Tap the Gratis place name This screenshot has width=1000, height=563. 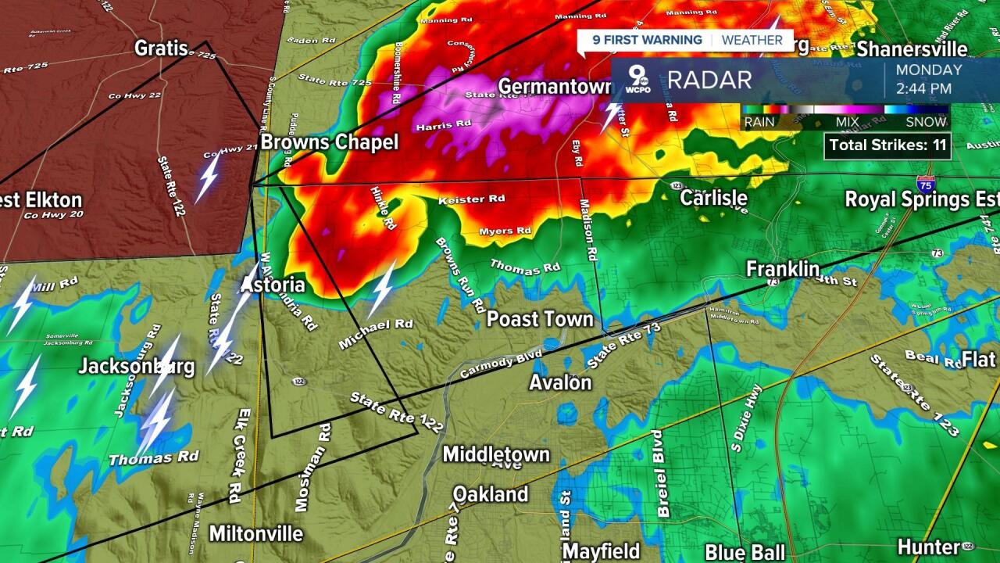[162, 48]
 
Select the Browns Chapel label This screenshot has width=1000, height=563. [329, 142]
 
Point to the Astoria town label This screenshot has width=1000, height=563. [273, 284]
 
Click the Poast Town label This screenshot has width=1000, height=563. [540, 319]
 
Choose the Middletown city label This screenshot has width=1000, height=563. [496, 454]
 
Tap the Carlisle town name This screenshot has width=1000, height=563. [713, 197]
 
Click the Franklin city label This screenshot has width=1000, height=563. [782, 269]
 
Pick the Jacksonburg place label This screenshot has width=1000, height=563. [136, 366]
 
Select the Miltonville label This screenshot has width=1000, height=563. [255, 533]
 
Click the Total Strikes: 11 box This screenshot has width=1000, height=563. [887, 145]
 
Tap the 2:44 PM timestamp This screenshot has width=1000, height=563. [924, 88]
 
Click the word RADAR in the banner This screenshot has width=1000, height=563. [709, 79]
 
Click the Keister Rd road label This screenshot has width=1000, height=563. [472, 199]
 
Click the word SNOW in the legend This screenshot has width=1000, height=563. [927, 122]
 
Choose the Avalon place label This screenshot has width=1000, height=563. [560, 382]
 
